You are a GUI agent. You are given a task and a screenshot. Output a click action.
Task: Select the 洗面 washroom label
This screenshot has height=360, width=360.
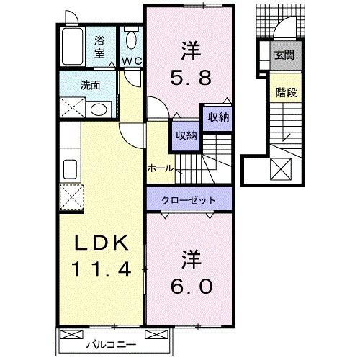click(90, 85)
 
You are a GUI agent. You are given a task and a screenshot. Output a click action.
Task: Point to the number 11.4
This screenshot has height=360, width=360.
click(100, 271)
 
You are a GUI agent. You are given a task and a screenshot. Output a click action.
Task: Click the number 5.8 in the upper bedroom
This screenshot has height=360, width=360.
click(189, 73)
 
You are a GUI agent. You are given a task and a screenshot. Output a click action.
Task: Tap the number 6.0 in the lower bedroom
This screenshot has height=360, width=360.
click(190, 286)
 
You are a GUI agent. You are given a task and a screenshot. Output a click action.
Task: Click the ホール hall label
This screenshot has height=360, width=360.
click(160, 167)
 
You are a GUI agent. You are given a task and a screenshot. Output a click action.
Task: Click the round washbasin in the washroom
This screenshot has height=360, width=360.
click(99, 109)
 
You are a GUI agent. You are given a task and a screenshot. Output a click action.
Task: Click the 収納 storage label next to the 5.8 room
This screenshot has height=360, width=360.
click(218, 118)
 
